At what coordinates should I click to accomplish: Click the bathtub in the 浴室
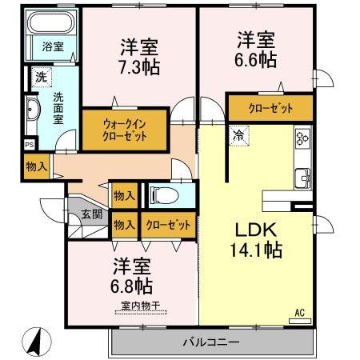pos(51,22)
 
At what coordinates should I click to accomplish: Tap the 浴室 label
pos(53,46)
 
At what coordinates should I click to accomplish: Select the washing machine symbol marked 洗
pos(42,77)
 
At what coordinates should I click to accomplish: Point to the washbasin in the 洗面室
pos(33,110)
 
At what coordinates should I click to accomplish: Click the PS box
pos(30,145)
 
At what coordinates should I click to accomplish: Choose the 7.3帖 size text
pos(139,67)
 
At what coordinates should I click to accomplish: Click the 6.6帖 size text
pos(255,60)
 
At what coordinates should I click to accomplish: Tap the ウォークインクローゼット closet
pos(124,130)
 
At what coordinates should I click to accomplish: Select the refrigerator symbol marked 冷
pos(238,136)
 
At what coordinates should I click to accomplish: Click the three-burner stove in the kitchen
pos(302,138)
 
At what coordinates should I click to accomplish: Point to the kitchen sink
pos(302,178)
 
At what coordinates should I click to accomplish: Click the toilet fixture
pos(164,195)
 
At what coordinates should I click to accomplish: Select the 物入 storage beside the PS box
pos(37,167)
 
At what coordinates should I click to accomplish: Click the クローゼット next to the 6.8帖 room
pos(169,225)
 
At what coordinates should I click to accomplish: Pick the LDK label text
pos(255,230)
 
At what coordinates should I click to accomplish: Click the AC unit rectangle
pos(300,321)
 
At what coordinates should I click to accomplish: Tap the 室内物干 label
pos(140,306)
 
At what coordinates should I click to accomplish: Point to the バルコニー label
pos(211,342)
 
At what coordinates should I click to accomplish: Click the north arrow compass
pos(37,342)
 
